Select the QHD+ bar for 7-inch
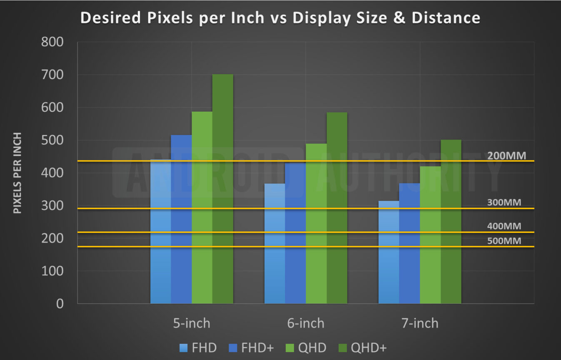click(x=451, y=221)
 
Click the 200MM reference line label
click(x=506, y=156)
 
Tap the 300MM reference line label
click(x=504, y=203)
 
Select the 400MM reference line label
click(x=504, y=226)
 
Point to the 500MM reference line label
click(x=504, y=240)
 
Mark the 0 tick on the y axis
click(x=60, y=304)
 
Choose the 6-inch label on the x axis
click(x=306, y=323)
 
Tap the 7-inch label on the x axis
click(x=420, y=323)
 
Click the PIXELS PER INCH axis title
click(x=17, y=173)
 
